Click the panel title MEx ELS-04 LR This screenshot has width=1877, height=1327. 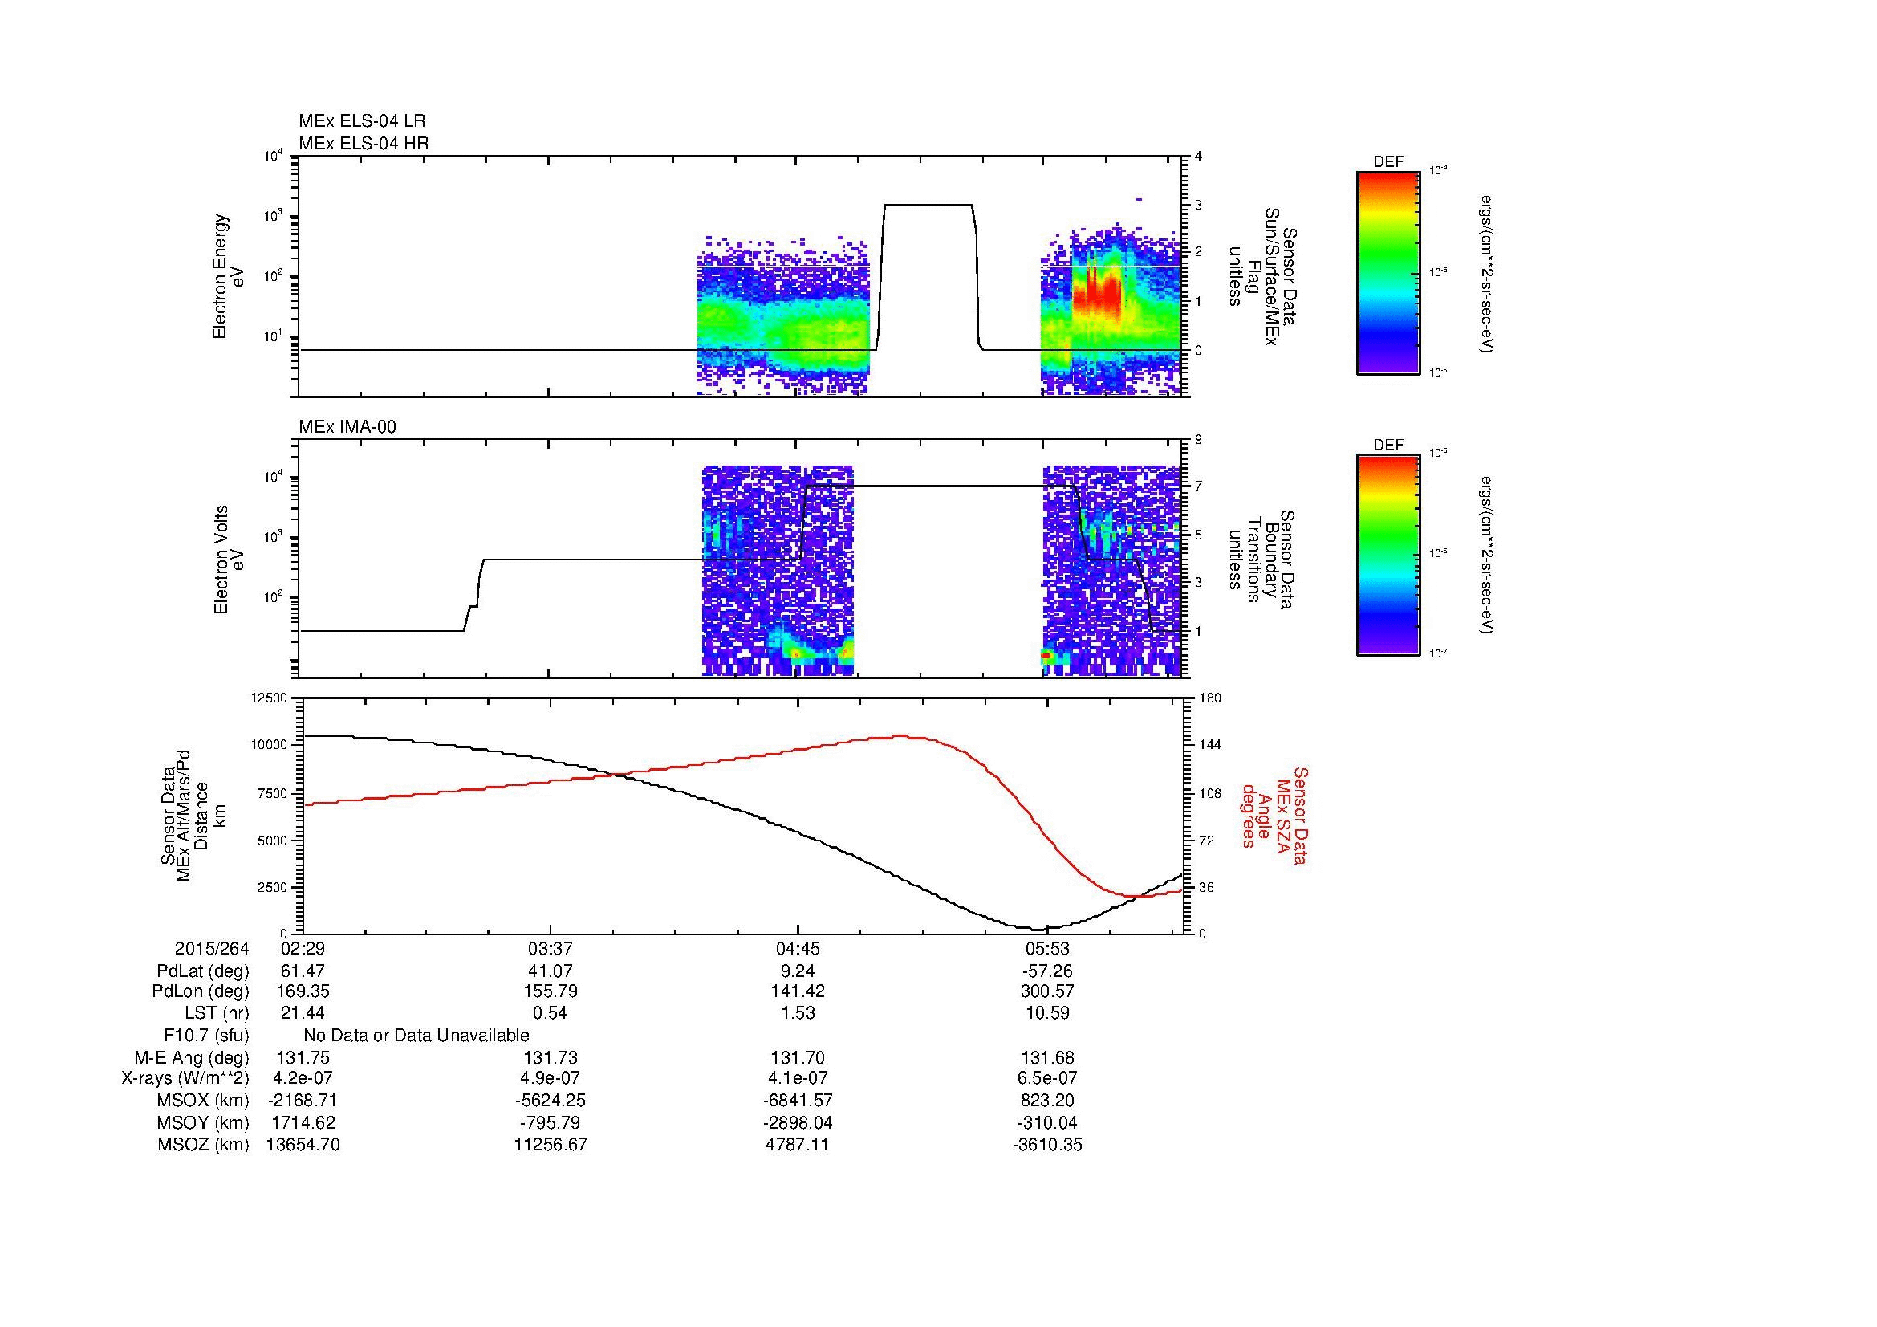tap(361, 121)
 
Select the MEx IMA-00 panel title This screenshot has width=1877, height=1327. tap(347, 427)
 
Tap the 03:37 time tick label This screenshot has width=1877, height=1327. tap(551, 948)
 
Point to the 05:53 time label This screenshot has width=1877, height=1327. tap(1046, 948)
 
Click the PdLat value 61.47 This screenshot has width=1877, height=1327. tap(303, 971)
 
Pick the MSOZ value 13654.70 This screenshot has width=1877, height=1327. tap(303, 1145)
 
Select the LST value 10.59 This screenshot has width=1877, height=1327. tap(1046, 1013)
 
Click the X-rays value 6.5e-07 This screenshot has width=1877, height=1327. tap(1046, 1078)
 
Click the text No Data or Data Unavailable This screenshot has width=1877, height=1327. tap(416, 1035)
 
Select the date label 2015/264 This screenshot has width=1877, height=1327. tap(211, 948)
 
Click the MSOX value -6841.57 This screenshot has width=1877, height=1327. tap(798, 1101)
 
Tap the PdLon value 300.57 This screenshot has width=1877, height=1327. tap(1046, 991)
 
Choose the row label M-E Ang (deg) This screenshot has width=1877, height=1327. tap(191, 1057)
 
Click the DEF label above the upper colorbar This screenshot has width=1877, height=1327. tap(1387, 162)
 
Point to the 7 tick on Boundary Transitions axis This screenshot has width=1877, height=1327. tap(1198, 486)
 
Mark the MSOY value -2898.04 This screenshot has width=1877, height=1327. tap(798, 1122)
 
